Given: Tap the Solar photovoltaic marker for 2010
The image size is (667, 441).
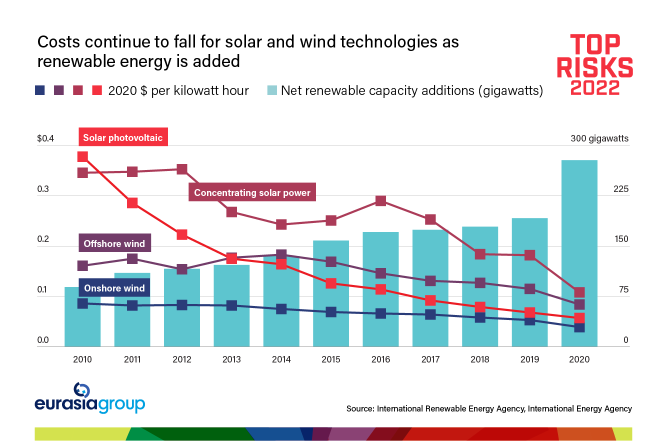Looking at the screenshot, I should [x=82, y=156].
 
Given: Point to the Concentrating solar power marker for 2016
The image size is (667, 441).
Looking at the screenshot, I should [x=380, y=200].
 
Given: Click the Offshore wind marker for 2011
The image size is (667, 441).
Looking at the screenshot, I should [x=132, y=258].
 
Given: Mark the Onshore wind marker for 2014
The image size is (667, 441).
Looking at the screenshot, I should [x=281, y=308].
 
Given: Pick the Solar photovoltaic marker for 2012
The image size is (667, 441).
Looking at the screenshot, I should [x=181, y=234].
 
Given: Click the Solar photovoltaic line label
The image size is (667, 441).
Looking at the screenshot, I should [x=123, y=137].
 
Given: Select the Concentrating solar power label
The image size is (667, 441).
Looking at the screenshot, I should [x=252, y=192].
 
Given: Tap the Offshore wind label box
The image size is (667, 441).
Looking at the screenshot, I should [x=114, y=244].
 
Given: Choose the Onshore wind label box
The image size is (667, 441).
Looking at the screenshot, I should [x=114, y=288].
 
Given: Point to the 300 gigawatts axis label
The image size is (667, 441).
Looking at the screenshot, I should [x=599, y=138].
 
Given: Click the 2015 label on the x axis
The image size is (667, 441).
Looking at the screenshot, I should [x=331, y=359].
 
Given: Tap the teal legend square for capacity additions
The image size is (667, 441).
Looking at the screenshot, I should [x=271, y=90].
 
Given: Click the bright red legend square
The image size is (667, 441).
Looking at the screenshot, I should [x=97, y=90].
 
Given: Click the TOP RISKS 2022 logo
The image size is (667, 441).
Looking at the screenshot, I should [x=594, y=64].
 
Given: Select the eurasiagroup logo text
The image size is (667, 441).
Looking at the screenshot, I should [x=90, y=403].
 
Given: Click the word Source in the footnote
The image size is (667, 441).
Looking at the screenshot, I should [x=359, y=408].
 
